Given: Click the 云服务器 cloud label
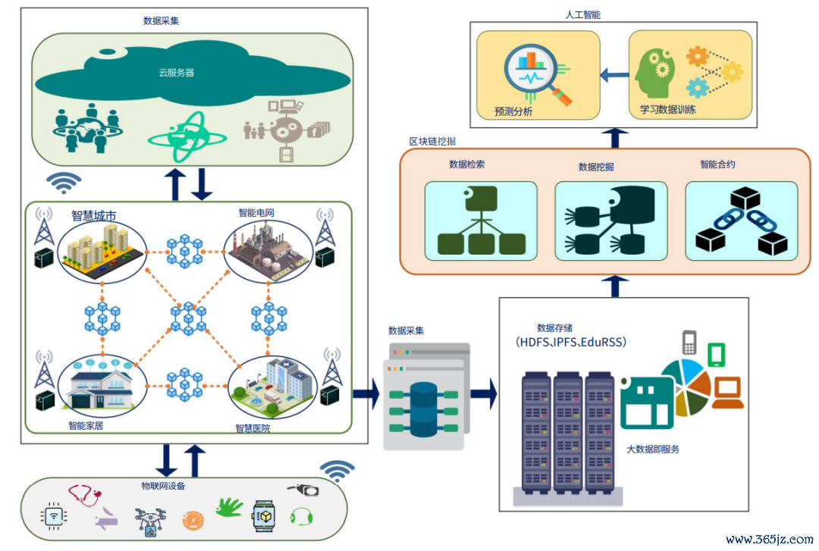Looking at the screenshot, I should tap(176, 73).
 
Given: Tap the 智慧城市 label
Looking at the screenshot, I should tap(94, 215).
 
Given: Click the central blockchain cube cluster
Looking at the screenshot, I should tap(187, 318).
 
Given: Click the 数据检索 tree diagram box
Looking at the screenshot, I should tap(481, 218).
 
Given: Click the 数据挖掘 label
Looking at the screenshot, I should tap(596, 167).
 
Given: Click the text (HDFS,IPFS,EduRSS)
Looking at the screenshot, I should tap(571, 342).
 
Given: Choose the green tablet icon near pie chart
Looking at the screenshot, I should tap(717, 355).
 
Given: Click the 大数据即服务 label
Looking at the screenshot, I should tap(652, 449).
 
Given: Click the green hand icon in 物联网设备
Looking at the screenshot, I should tap(227, 507).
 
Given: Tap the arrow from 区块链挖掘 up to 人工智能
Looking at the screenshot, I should tap(619, 138).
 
